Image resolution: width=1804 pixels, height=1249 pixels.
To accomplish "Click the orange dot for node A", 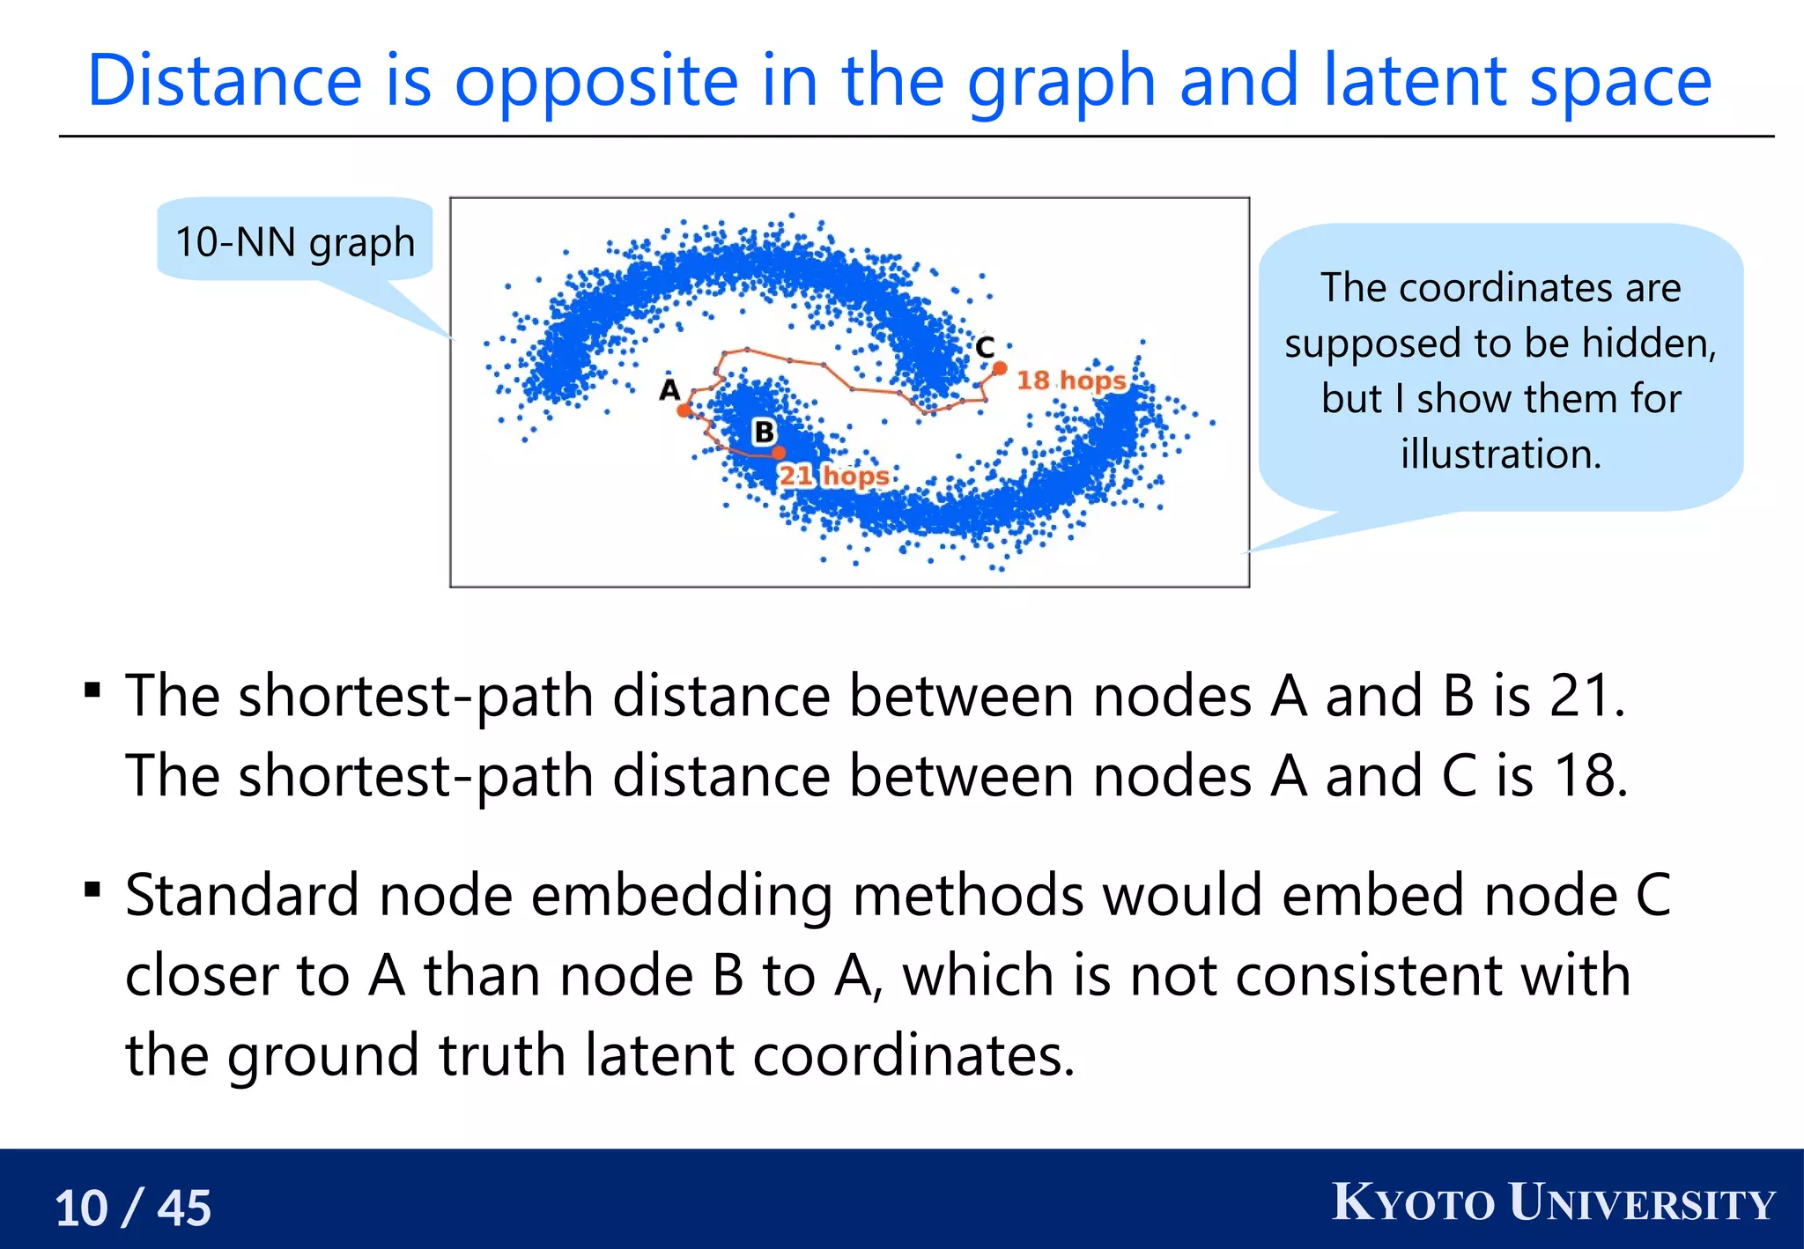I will pyautogui.click(x=684, y=410).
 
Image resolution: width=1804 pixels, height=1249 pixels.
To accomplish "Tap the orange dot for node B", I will pyautogui.click(x=779, y=453).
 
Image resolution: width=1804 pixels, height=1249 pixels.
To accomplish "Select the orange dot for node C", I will pyautogui.click(x=1000, y=368).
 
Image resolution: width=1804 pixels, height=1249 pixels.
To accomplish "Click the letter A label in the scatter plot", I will pyautogui.click(x=670, y=389).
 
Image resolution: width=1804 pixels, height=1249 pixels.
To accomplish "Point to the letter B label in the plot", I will pyautogui.click(x=764, y=432).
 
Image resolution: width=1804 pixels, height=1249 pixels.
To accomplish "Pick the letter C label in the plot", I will pyautogui.click(x=985, y=347).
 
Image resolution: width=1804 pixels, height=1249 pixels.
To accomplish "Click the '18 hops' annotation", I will pyautogui.click(x=1071, y=381).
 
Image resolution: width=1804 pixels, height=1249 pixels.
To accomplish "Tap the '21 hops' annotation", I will pyautogui.click(x=833, y=476).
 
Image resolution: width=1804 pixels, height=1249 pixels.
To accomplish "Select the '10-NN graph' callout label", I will pyautogui.click(x=295, y=241).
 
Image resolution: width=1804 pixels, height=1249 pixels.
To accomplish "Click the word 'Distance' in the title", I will pyautogui.click(x=225, y=81).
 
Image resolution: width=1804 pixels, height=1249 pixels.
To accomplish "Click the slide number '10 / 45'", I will pyautogui.click(x=133, y=1208).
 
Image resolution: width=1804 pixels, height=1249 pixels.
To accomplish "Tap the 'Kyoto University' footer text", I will pyautogui.click(x=1554, y=1203).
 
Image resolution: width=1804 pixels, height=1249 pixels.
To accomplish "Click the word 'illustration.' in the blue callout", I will pyautogui.click(x=1501, y=454).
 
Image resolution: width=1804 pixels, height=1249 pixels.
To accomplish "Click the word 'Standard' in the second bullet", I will pyautogui.click(x=242, y=895).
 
